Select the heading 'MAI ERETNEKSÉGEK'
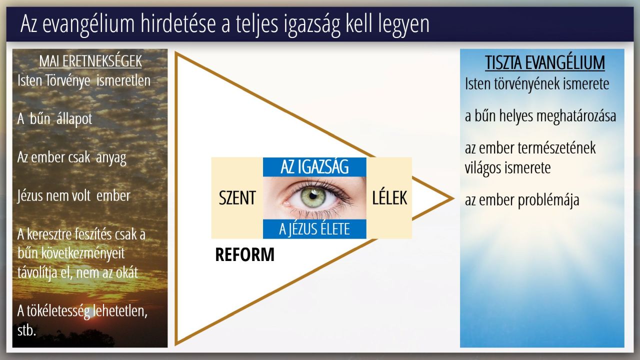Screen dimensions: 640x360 click(x=90, y=61)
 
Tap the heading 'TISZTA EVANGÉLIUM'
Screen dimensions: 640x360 click(x=545, y=62)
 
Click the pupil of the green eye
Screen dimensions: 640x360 click(x=313, y=196)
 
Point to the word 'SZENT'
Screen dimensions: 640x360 click(x=237, y=197)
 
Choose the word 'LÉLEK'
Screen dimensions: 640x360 click(x=389, y=197)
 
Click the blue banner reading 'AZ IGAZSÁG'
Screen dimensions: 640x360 click(x=314, y=167)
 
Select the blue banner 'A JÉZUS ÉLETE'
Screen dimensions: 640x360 click(x=314, y=229)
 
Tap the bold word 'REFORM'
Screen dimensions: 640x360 click(x=245, y=254)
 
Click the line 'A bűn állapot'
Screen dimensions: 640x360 click(x=54, y=119)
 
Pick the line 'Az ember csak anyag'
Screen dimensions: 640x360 click(x=71, y=157)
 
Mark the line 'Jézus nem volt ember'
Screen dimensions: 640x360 click(x=73, y=196)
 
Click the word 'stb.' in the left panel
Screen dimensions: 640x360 click(x=26, y=330)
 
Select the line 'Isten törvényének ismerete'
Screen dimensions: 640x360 click(x=537, y=84)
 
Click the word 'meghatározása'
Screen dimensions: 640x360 click(x=576, y=116)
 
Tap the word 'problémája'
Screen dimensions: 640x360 click(x=548, y=200)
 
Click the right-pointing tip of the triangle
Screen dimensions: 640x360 click(x=453, y=198)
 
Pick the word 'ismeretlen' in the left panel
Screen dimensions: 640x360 click(x=123, y=80)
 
